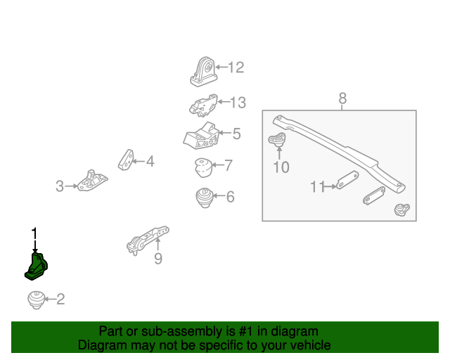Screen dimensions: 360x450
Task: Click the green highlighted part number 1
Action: click(x=39, y=268)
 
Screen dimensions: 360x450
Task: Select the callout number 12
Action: click(x=236, y=67)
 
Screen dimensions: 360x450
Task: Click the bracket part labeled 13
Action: click(x=201, y=104)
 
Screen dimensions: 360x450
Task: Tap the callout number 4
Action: click(x=150, y=162)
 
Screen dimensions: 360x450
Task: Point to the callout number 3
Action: click(x=60, y=186)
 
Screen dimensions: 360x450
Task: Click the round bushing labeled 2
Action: click(x=34, y=299)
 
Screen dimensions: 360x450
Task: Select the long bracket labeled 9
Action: click(x=148, y=238)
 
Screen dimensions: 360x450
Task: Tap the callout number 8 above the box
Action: click(x=342, y=98)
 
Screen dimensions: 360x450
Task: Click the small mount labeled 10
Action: click(x=280, y=141)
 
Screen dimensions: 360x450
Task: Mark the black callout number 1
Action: click(x=34, y=233)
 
